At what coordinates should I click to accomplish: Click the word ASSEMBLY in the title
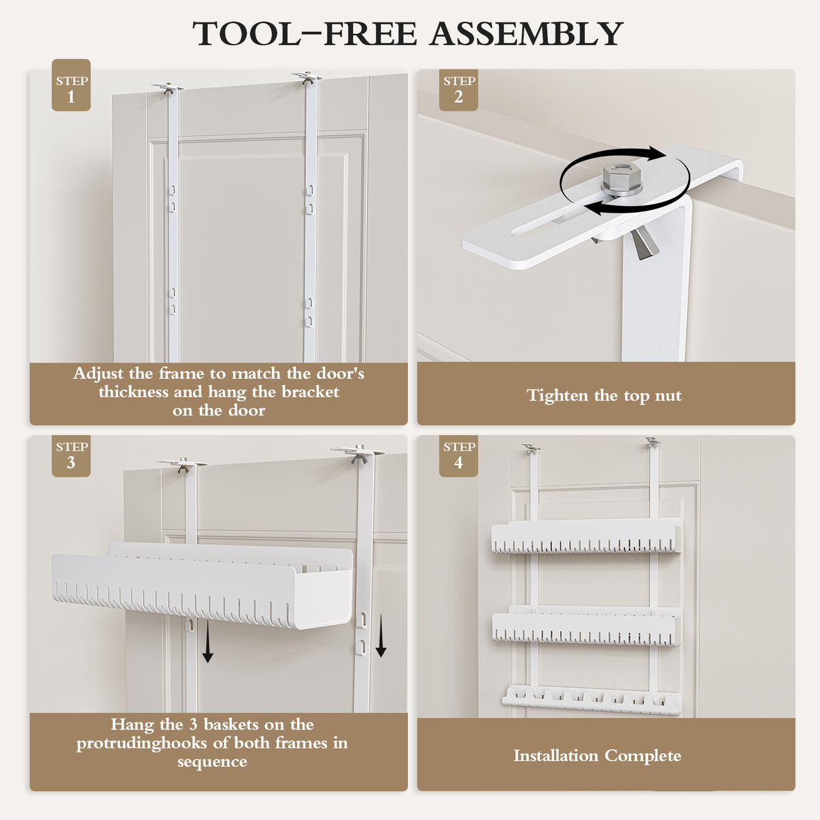pyautogui.click(x=526, y=33)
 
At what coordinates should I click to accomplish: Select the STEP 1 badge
pyautogui.click(x=71, y=85)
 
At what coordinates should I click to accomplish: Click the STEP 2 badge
pyautogui.click(x=458, y=90)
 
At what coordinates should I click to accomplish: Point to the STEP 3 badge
pyautogui.click(x=71, y=456)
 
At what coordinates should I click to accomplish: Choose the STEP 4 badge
pyautogui.click(x=458, y=456)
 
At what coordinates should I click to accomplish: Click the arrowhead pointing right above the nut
pyautogui.click(x=657, y=153)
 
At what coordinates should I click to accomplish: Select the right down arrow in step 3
pyautogui.click(x=381, y=636)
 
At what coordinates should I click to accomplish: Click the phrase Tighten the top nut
pyautogui.click(x=604, y=395)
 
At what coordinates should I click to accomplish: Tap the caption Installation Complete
pyautogui.click(x=597, y=755)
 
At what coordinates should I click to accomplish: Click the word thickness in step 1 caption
pyautogui.click(x=133, y=392)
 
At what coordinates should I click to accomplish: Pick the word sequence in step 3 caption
pyautogui.click(x=212, y=762)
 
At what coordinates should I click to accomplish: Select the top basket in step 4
pyautogui.click(x=586, y=536)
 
